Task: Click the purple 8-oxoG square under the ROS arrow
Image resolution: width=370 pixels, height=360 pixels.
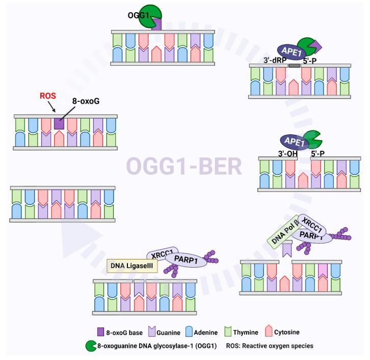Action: pos(59,123)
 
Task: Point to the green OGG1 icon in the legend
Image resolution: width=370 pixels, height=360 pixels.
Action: pos(90,346)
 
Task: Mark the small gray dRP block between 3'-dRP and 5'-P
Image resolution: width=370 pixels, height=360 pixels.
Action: pos(294,65)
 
